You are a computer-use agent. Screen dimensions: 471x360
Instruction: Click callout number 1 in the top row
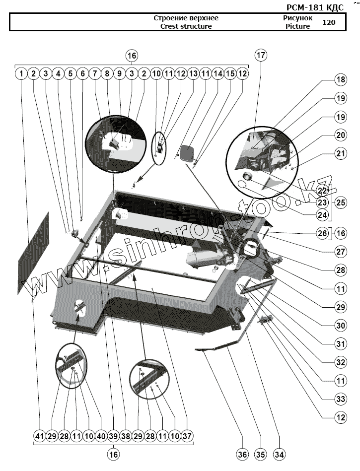pos(21,74)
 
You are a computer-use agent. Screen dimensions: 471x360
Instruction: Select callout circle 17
pos(261,56)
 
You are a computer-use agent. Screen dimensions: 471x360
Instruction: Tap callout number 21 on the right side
pos(340,153)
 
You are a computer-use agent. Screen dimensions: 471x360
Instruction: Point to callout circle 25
pos(340,202)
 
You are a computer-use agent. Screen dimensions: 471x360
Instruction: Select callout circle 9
pos(119,74)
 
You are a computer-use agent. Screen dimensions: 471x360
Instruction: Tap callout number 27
pos(340,252)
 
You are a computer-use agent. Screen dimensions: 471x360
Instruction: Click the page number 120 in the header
pos(329,22)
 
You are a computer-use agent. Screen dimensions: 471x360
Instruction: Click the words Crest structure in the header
pos(186,26)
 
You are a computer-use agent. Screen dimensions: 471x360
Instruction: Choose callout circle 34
pos(279,454)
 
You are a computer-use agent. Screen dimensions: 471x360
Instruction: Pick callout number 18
pos(340,80)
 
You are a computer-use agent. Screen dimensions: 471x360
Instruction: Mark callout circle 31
pos(340,343)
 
